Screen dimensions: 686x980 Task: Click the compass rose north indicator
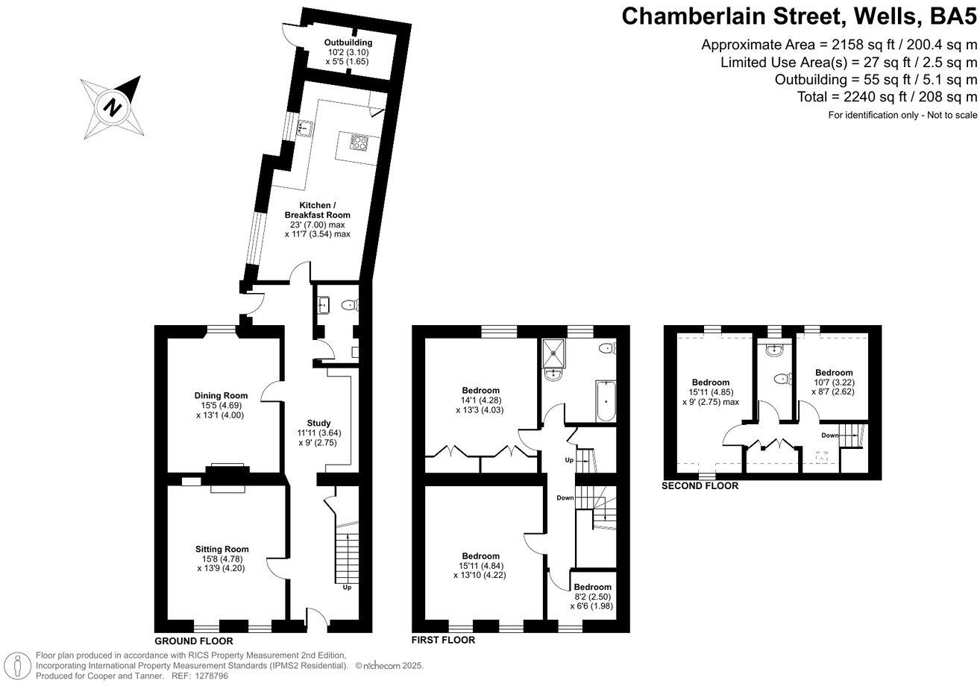[x=112, y=106]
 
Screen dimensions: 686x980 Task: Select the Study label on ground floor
[x=318, y=423]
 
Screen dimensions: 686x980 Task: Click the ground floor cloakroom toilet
[x=348, y=304]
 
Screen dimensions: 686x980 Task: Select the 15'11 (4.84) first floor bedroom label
[x=481, y=565]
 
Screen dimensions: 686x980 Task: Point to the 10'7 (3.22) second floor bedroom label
[x=833, y=382]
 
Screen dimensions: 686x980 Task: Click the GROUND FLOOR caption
[x=194, y=641]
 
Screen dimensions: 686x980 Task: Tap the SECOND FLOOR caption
[x=700, y=485]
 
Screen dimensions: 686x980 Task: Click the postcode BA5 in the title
[x=947, y=16]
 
